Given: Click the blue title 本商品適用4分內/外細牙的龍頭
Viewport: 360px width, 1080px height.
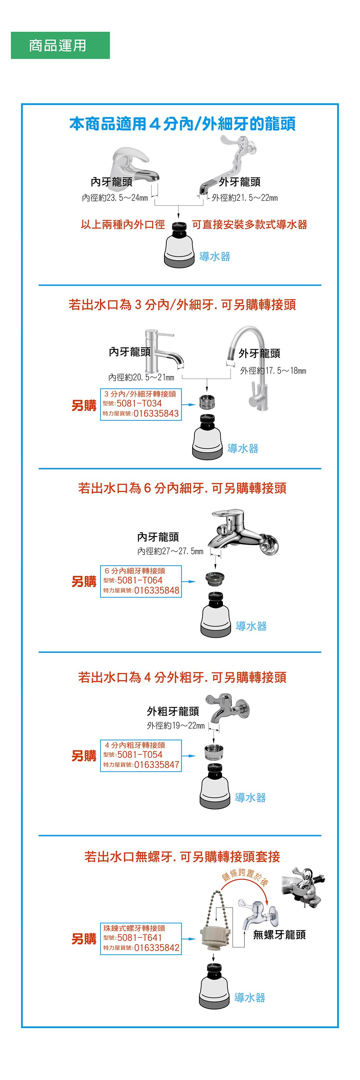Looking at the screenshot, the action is (182, 124).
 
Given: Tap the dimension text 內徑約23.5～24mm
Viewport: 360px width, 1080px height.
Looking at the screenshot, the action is (115, 197).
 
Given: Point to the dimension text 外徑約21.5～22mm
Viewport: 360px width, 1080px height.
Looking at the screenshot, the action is (245, 197).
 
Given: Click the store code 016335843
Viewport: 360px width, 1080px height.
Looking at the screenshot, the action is (156, 413).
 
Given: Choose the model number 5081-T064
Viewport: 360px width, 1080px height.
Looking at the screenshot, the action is (140, 580).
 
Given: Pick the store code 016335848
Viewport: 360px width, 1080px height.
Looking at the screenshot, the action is (157, 590).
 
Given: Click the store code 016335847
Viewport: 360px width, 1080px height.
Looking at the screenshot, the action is (157, 765).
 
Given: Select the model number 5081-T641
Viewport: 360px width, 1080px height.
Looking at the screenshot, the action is (140, 937).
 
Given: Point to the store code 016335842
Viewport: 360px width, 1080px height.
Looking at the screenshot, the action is (157, 947).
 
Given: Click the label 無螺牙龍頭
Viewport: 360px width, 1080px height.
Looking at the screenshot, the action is (279, 935).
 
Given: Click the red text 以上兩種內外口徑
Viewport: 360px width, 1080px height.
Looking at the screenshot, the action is (123, 225).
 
